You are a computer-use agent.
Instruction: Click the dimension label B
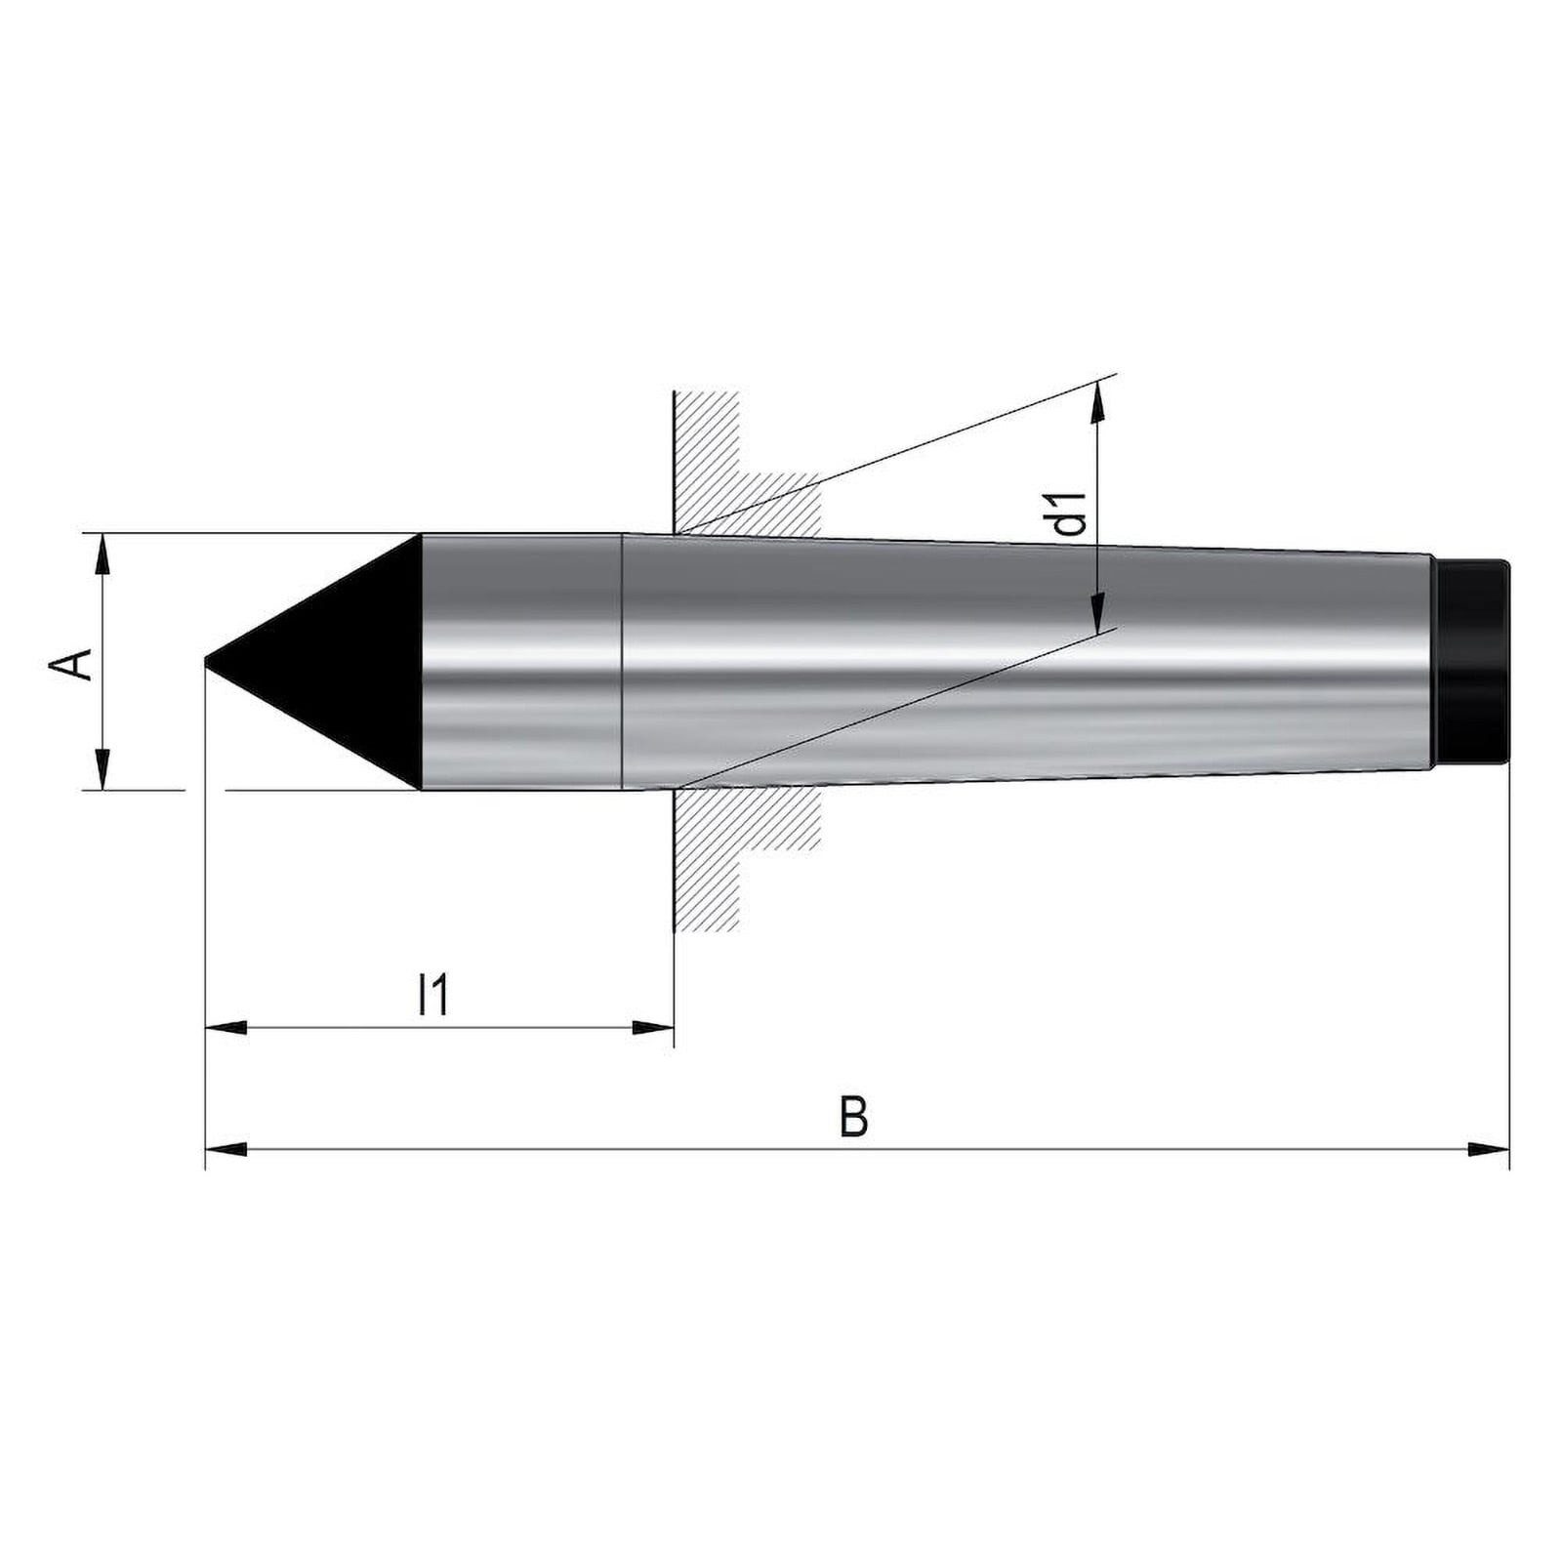coord(853,1117)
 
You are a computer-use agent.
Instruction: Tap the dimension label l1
coord(432,996)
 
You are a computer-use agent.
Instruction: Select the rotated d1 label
coord(1071,513)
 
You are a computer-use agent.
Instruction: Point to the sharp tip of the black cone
coord(206,663)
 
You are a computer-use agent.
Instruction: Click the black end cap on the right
coord(1472,662)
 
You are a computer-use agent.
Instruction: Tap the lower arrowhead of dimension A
coord(102,768)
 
